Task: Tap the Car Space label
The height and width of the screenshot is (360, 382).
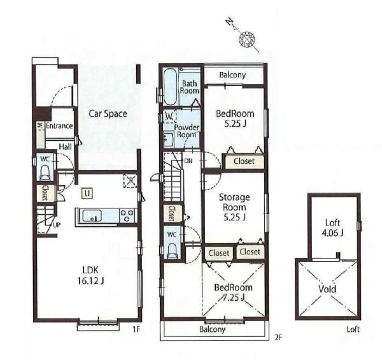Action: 108,114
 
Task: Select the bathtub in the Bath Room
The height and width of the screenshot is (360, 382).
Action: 170,86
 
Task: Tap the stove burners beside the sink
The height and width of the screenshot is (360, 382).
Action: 127,215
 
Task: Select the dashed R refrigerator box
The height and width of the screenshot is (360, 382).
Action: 131,180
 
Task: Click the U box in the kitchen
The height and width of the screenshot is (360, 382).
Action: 87,194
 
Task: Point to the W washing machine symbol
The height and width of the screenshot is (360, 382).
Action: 169,116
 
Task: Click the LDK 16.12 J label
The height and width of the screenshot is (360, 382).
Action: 90,275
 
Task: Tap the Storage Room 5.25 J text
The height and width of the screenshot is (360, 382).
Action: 234,207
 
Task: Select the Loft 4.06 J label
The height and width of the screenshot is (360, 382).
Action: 332,228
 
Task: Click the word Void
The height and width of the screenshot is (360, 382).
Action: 327,289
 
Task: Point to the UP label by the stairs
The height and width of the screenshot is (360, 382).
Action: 57,225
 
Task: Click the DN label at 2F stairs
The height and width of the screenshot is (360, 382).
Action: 188,161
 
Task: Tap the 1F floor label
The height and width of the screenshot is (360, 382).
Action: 136,329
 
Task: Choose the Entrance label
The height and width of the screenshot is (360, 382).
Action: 59,126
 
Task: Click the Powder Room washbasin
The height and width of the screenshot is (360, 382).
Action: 168,139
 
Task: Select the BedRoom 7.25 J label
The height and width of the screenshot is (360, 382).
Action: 233,292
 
